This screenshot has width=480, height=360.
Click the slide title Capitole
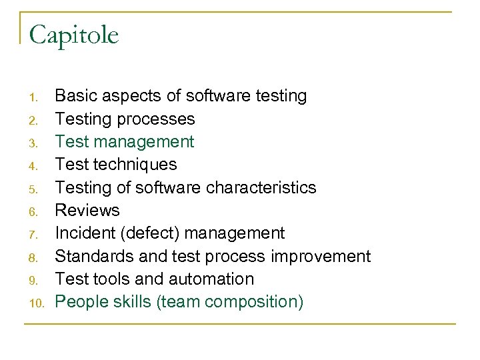coord(74,35)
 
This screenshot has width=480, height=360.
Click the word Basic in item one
coord(74,96)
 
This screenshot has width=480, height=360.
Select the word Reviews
coord(87,211)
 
